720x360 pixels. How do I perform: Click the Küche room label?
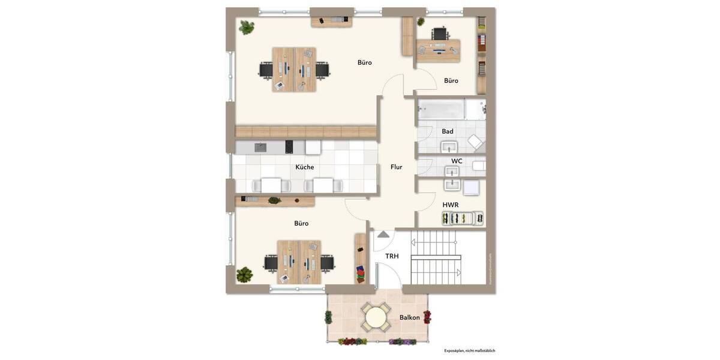click(305, 167)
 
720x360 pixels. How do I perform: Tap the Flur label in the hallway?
click(397, 167)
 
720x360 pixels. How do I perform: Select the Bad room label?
click(448, 131)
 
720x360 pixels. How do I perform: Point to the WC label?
click(457, 161)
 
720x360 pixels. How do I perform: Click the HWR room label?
click(451, 205)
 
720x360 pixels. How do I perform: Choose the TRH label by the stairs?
click(392, 256)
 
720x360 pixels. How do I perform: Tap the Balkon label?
click(410, 317)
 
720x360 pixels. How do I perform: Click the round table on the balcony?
click(376, 317)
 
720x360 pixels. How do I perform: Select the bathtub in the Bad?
click(441, 110)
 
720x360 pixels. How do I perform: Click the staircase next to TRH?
click(436, 258)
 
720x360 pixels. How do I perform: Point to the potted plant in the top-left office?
click(247, 27)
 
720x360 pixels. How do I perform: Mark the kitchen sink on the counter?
click(261, 147)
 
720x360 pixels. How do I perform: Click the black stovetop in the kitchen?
click(289, 147)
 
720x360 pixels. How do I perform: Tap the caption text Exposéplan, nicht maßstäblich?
click(469, 350)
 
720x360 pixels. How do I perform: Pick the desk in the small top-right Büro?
click(438, 51)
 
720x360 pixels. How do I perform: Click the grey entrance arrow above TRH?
click(383, 234)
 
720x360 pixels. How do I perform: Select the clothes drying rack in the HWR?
click(463, 218)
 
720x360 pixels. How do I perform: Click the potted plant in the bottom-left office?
click(244, 275)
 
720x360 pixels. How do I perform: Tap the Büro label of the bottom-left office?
click(301, 223)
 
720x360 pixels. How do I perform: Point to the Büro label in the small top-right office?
click(451, 80)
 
